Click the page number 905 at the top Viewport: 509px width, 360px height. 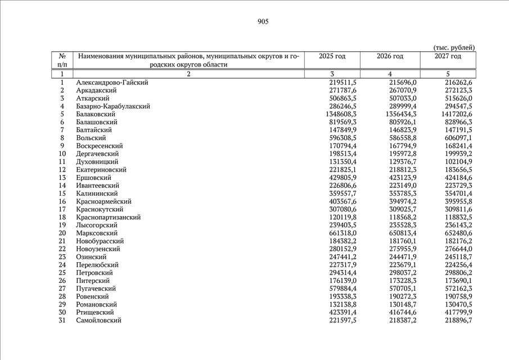pos(263,22)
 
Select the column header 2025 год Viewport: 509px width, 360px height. pos(332,56)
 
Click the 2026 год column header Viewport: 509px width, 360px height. pos(390,56)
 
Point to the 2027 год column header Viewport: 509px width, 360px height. pos(448,56)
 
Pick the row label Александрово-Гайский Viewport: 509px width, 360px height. pos(112,83)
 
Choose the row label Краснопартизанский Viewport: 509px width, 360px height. pos(109,217)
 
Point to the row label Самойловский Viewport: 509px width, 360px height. pos(98,320)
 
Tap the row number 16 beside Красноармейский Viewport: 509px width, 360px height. pos(62,201)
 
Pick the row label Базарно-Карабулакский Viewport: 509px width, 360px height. pos(112,106)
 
